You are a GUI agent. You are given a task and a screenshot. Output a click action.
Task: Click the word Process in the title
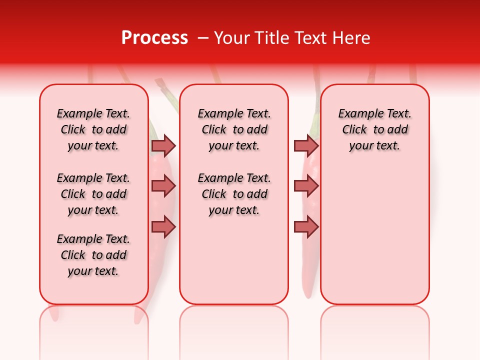pos(154,38)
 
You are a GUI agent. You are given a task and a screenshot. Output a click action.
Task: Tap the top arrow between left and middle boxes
pos(163,145)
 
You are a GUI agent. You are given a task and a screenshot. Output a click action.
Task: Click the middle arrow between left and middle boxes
pos(163,186)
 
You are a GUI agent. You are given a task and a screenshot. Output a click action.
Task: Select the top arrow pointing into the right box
pos(306,145)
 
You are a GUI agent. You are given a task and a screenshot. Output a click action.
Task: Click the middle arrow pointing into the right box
pos(306,186)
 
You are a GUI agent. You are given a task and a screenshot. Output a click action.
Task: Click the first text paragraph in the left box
pos(93,129)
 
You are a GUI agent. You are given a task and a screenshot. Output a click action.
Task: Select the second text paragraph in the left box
pos(93,194)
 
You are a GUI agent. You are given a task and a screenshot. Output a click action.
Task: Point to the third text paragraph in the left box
pos(93,255)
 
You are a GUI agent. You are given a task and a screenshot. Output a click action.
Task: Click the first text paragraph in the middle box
pos(234,129)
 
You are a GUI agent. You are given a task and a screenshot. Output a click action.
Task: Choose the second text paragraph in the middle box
pos(234,194)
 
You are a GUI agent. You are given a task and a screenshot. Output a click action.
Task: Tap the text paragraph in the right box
pos(374,129)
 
